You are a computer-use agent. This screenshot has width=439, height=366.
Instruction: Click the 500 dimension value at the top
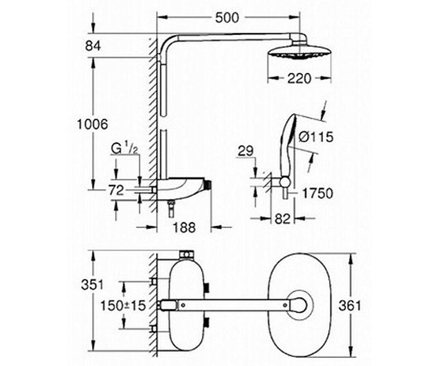coord(227,18)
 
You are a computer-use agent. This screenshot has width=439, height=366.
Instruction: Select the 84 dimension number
coord(93,46)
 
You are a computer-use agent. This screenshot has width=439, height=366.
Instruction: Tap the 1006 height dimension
coord(92,124)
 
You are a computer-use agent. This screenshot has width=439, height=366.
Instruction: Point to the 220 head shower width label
coord(299,79)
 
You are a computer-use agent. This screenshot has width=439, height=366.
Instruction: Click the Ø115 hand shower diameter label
coord(316,137)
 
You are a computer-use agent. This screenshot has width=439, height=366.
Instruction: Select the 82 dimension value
coord(282,218)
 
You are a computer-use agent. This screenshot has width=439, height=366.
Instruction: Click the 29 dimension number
coord(245,151)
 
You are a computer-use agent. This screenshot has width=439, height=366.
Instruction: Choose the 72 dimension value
coord(116,191)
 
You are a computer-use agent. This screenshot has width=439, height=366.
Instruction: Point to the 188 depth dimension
coord(184,227)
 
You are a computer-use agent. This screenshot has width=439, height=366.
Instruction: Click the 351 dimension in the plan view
coord(92,285)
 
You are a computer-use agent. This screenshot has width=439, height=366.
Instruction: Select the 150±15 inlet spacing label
coord(123,305)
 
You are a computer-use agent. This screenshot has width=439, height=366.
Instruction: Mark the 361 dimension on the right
coord(350,305)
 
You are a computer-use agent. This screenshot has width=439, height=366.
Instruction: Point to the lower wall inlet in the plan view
coord(154,329)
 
